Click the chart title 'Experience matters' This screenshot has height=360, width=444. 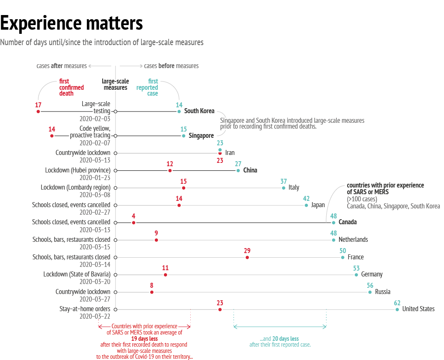tap(71, 23)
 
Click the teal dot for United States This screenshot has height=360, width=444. tap(397, 309)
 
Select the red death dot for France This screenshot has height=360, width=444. tap(247, 257)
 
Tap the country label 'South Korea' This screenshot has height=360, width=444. tap(199, 111)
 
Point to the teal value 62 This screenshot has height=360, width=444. tap(397, 303)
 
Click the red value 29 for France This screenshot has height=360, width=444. tap(247, 251)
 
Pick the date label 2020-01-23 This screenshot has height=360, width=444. tap(95, 177)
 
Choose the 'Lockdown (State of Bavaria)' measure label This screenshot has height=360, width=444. tap(77, 274)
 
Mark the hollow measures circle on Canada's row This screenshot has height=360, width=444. tap(115, 223)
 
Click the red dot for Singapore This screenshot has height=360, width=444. tap(52, 136)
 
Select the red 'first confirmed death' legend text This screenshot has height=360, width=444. tap(71, 87)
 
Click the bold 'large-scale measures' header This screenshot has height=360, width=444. tap(115, 84)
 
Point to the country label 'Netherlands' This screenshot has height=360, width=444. tap(353, 240)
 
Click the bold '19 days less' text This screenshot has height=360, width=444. tap(144, 339)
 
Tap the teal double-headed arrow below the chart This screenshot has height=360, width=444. tap(280, 327)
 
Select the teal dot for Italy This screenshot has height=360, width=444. tap(284, 188)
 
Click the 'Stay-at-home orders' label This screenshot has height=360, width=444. tap(85, 309)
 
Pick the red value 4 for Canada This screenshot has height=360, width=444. tap(134, 216)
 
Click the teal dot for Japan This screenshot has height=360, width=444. tap(306, 205)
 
